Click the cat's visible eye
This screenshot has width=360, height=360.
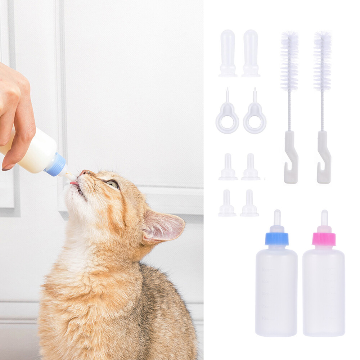113,184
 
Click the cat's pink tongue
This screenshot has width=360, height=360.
74,183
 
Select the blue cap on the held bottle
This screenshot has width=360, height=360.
56,165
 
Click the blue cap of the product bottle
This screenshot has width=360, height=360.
277,239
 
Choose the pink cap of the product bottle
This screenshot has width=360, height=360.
324,239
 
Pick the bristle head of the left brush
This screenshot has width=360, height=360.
289,61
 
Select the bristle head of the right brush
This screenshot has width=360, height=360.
322,61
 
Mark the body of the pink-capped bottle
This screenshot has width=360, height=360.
324,292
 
